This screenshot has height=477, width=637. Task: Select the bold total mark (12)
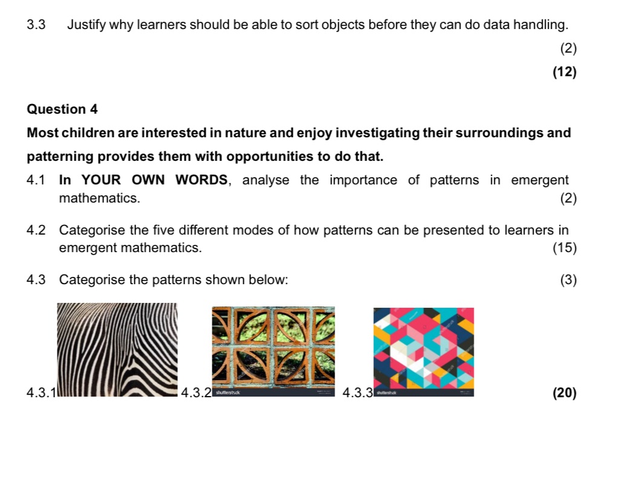564,73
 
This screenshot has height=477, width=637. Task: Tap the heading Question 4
62,109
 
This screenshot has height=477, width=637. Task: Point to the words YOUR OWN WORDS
154,180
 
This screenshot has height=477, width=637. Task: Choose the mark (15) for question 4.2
564,247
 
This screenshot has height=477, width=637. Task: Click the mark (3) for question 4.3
568,280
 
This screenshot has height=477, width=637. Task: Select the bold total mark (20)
564,393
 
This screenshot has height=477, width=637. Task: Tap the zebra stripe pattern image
117,349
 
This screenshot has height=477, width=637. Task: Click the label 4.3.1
41,394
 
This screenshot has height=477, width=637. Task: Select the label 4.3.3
357,394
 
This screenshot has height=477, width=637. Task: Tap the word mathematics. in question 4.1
100,198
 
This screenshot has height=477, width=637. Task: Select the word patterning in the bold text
60,157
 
